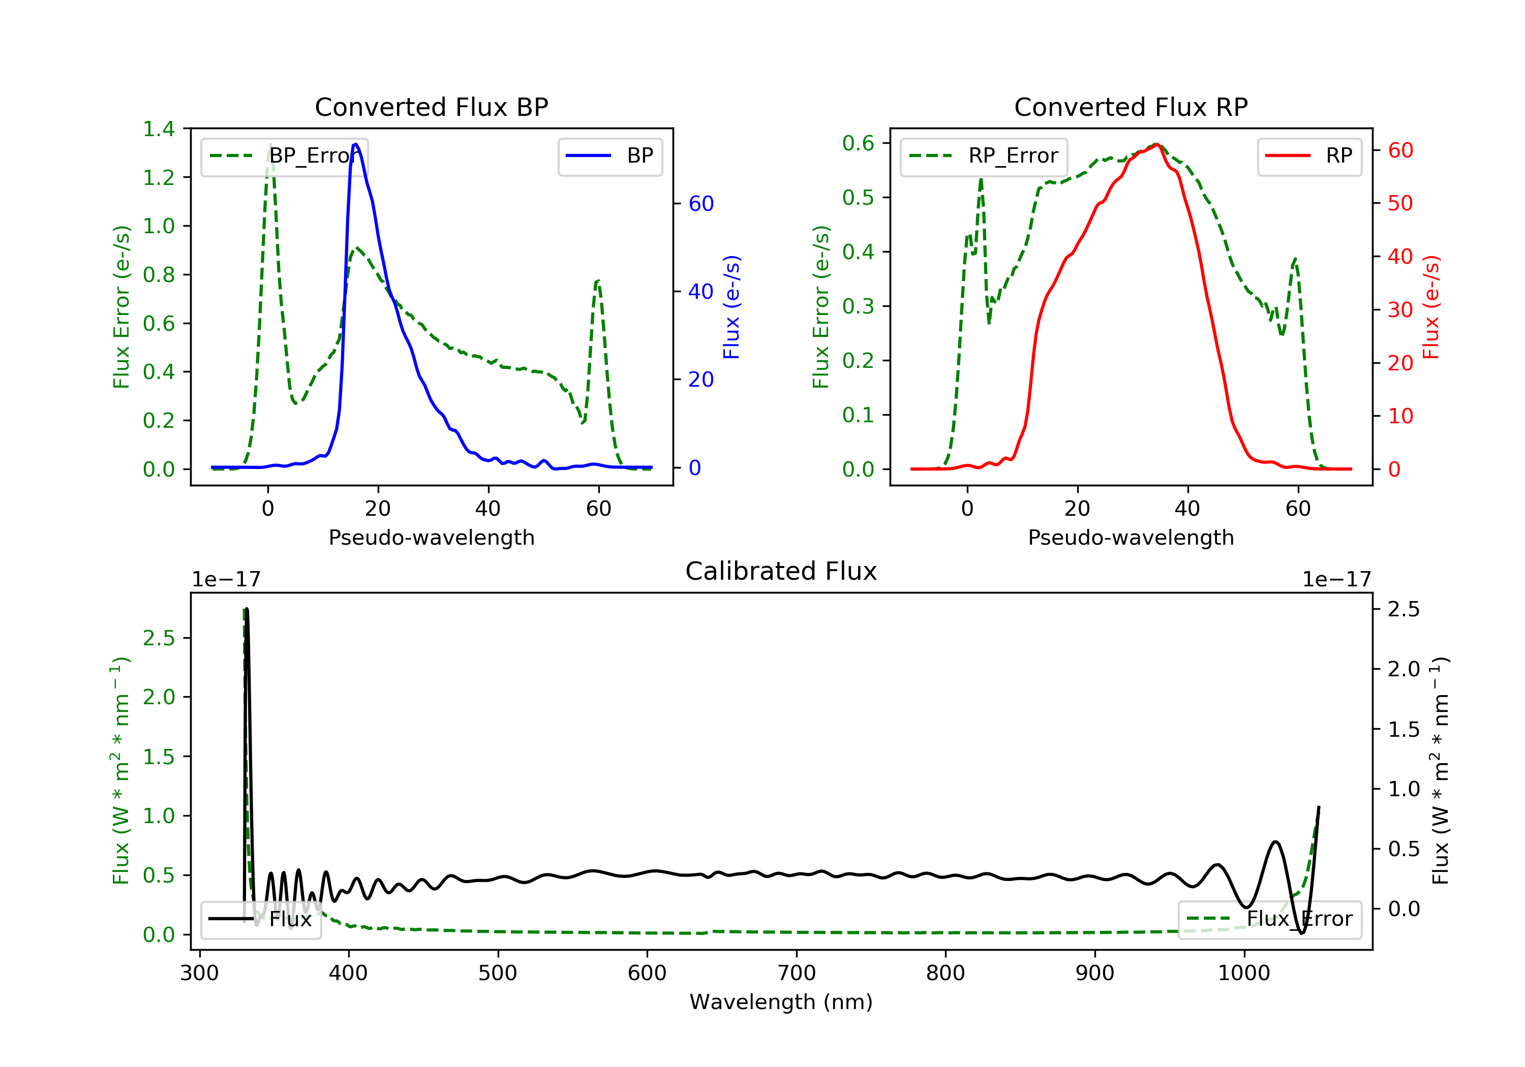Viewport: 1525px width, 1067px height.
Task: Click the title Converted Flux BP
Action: pyautogui.click(x=431, y=107)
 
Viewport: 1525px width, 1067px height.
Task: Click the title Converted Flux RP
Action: pyautogui.click(x=1131, y=107)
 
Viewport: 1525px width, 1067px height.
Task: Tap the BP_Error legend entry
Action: pyautogui.click(x=284, y=156)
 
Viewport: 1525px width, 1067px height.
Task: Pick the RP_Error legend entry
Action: pyautogui.click(x=984, y=156)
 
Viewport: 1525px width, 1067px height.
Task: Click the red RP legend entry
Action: pyautogui.click(x=1309, y=156)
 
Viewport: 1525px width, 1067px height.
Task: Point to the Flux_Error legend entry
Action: pyautogui.click(x=1269, y=919)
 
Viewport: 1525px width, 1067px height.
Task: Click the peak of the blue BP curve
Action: pyautogui.click(x=355, y=144)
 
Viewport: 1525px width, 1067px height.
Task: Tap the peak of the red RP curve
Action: pyautogui.click(x=1156, y=144)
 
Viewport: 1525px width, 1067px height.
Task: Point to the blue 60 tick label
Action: pyautogui.click(x=700, y=204)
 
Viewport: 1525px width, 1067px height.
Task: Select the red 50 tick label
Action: pyautogui.click(x=1400, y=203)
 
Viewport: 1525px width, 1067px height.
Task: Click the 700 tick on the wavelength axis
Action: pyautogui.click(x=797, y=974)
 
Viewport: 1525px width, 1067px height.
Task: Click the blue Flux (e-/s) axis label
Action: pyautogui.click(x=731, y=307)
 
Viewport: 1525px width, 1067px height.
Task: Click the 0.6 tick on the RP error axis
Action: pyautogui.click(x=858, y=143)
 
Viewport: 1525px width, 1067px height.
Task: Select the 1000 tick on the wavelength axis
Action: pyautogui.click(x=1243, y=974)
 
